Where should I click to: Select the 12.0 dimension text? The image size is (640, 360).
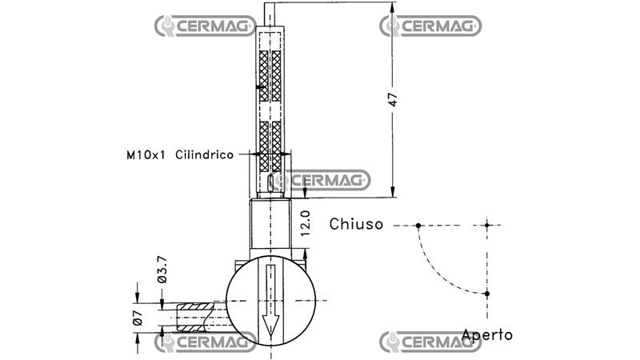pyautogui.click(x=305, y=224)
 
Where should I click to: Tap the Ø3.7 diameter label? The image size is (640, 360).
pyautogui.click(x=162, y=270)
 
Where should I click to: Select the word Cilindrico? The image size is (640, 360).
pyautogui.click(x=204, y=154)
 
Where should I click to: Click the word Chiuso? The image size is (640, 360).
pyautogui.click(x=357, y=225)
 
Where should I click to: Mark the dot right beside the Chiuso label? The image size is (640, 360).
pyautogui.click(x=418, y=226)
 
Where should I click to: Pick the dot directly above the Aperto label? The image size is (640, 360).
pyautogui.click(x=486, y=294)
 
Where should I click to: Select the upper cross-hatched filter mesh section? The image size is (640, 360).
pyautogui.click(x=270, y=76)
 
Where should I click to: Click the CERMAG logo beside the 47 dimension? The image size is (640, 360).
pyautogui.click(x=430, y=26)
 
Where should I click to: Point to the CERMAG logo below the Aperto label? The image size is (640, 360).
pyautogui.click(x=430, y=342)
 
